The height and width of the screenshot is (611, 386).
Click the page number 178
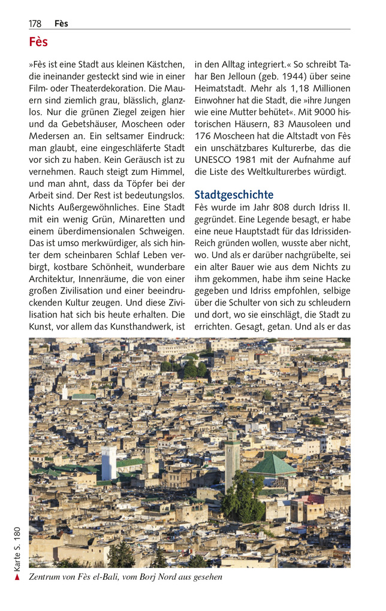click(35, 23)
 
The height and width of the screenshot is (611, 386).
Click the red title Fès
click(38, 42)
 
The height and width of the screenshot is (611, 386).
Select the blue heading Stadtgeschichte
click(234, 195)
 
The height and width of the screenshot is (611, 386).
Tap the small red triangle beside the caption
click(17, 577)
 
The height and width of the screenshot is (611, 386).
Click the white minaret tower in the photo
click(108, 462)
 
